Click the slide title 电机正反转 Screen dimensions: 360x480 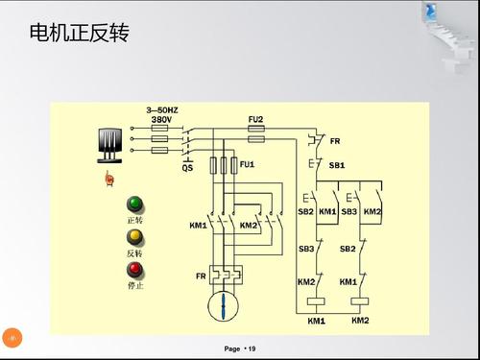(x=79, y=35)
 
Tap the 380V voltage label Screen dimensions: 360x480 (x=160, y=120)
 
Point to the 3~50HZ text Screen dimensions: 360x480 (x=160, y=110)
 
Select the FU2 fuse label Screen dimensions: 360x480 (x=255, y=119)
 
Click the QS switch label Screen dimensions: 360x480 (x=188, y=167)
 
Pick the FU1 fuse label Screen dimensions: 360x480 (x=247, y=164)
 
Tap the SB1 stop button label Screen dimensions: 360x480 (x=336, y=165)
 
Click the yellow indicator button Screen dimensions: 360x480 (x=134, y=236)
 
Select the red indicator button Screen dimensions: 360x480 (x=134, y=269)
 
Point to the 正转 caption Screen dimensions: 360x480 (x=134, y=220)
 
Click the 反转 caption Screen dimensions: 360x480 (x=134, y=252)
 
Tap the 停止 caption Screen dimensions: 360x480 (x=134, y=285)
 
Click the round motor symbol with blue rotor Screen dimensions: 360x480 (x=223, y=306)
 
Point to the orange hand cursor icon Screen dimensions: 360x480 (x=109, y=179)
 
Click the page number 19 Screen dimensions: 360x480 (x=252, y=348)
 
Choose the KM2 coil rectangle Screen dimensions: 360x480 (x=360, y=300)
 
